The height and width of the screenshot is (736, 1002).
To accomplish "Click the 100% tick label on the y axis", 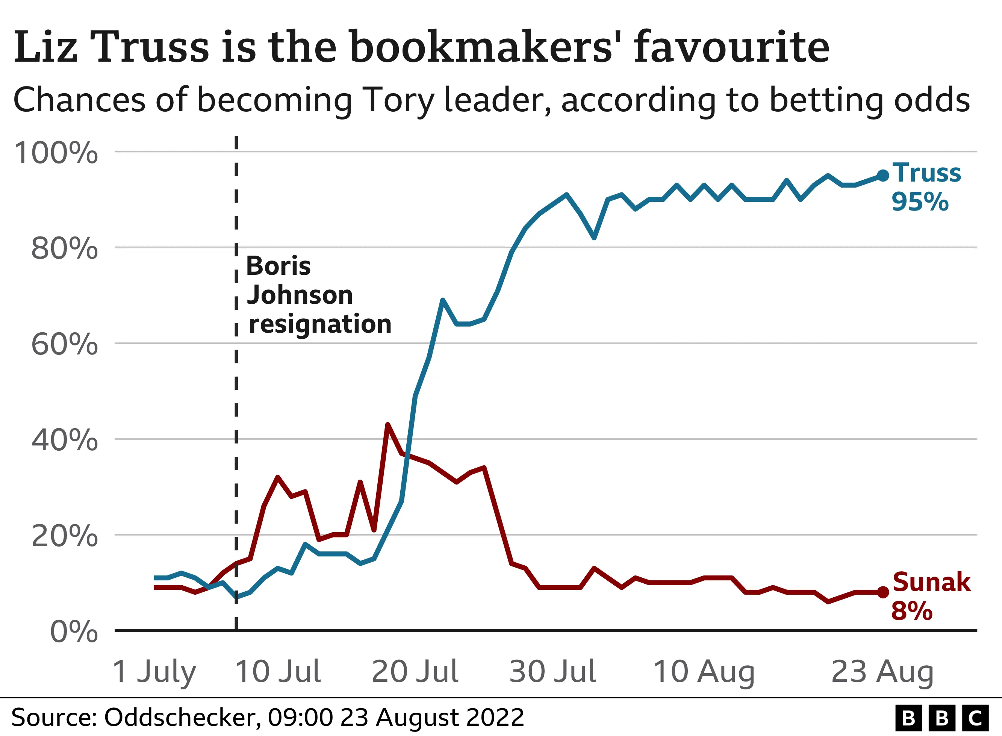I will point(56,153).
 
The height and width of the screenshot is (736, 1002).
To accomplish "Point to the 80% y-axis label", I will point(65,248).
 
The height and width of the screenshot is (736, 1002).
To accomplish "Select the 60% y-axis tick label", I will point(65,344).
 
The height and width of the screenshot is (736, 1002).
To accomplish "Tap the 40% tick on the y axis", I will point(65,440).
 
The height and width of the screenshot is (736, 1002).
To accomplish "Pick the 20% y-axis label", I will point(65,536).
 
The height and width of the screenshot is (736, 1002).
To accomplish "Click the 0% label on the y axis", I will point(74,632).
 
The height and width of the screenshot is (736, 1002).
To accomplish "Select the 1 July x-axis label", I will point(154,672).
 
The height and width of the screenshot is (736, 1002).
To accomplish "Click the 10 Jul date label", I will point(278,672).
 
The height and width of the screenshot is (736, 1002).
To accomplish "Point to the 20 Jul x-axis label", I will point(415,672).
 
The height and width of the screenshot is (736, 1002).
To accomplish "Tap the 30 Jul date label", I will point(552,672).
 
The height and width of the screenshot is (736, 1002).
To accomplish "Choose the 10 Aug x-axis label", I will point(704,672).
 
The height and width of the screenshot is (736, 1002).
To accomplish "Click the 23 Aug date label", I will point(882,672).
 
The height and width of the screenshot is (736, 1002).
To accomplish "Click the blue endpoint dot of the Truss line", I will point(882,176).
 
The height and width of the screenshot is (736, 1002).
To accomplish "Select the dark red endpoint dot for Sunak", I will point(882,592).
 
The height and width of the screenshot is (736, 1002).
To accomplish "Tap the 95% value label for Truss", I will point(920,202).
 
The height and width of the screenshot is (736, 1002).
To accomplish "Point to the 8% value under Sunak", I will point(911,611).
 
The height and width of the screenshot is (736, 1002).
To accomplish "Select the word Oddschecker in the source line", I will point(181,718).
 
